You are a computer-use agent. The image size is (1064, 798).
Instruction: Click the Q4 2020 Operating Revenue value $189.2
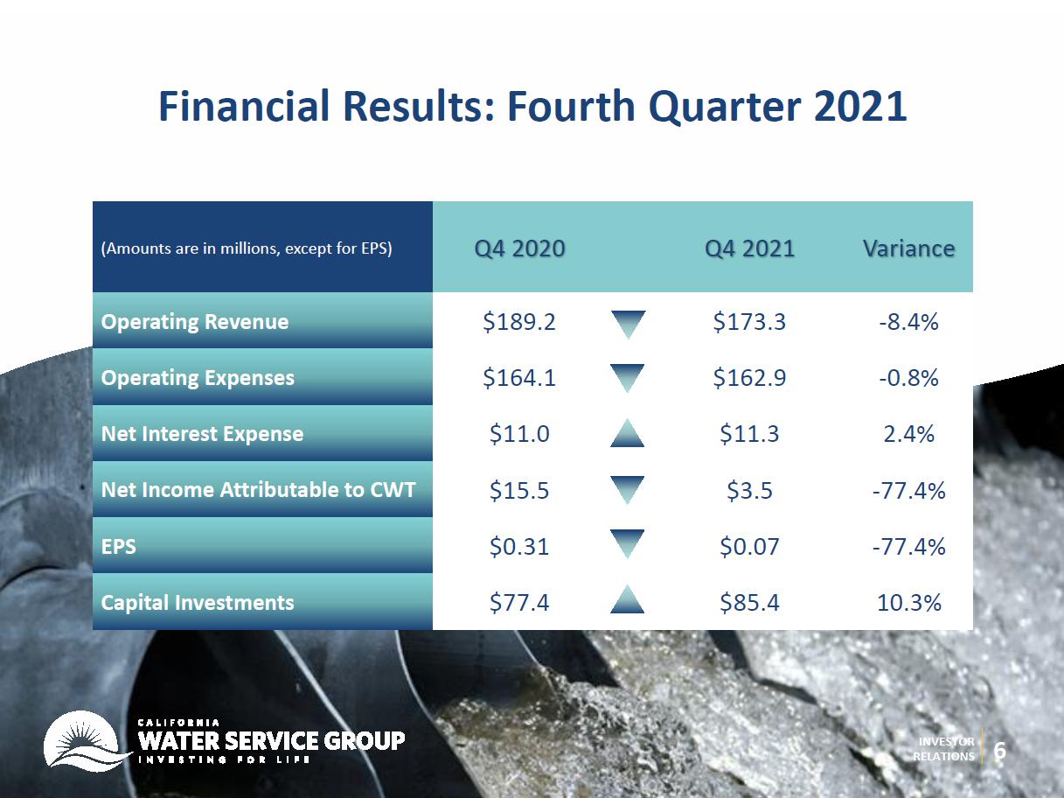[518, 322]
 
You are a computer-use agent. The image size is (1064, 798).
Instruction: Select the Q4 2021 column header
[749, 248]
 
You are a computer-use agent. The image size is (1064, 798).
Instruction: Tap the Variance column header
[908, 248]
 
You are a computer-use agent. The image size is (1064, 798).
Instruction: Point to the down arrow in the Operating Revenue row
[628, 324]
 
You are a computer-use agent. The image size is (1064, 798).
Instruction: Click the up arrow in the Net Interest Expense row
[627, 433]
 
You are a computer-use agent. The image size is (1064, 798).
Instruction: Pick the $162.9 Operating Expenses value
[749, 377]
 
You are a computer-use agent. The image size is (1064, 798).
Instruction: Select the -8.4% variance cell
[909, 322]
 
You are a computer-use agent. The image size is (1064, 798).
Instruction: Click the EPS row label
[118, 546]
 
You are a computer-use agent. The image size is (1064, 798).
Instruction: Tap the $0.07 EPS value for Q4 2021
[749, 546]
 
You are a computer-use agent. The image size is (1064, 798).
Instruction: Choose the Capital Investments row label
[198, 603]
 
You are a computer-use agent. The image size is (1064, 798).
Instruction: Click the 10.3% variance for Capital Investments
[909, 603]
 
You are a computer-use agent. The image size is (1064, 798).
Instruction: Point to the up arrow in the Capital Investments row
[627, 599]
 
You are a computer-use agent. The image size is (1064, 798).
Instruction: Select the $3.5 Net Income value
[749, 490]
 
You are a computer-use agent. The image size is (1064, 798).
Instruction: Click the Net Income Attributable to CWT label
[259, 489]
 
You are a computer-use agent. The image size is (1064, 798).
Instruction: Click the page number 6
[999, 751]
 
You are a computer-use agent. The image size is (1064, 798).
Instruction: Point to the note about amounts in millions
[247, 248]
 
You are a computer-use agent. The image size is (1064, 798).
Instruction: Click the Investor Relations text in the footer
[943, 749]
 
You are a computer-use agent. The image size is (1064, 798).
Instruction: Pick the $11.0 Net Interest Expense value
[518, 434]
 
